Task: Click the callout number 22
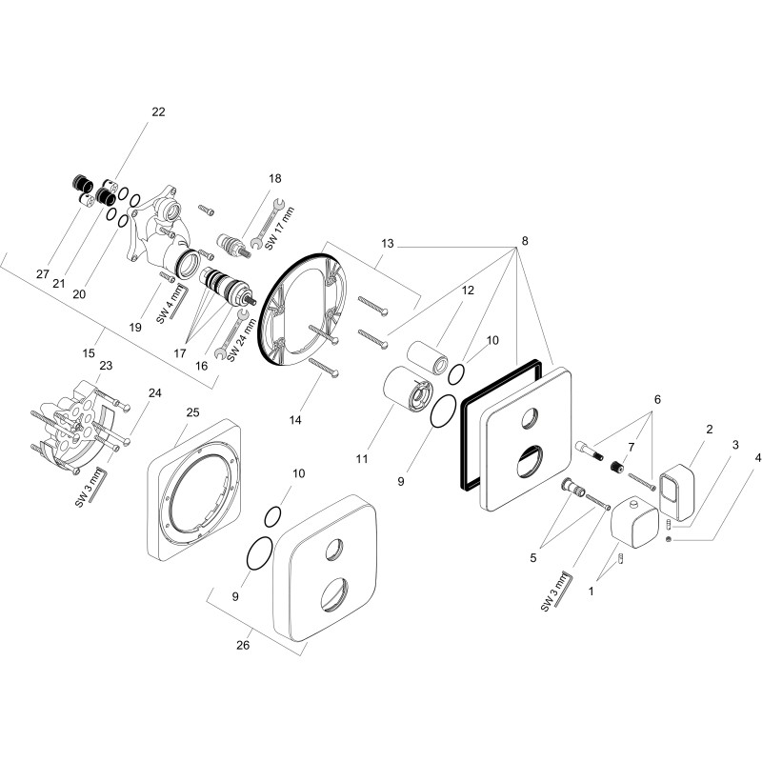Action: click(158, 111)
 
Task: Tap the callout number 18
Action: click(275, 178)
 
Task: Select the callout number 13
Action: click(388, 243)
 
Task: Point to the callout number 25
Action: click(193, 412)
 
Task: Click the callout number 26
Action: click(243, 645)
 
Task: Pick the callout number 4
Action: click(758, 458)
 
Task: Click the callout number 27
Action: click(43, 274)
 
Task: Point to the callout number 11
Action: click(362, 458)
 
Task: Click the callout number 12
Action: click(468, 291)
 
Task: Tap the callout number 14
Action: click(295, 420)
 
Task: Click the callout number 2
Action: click(710, 430)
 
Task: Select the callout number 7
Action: click(632, 447)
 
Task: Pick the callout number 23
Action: click(106, 365)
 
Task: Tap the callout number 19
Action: click(135, 327)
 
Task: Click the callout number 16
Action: click(201, 366)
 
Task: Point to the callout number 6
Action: click(657, 399)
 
